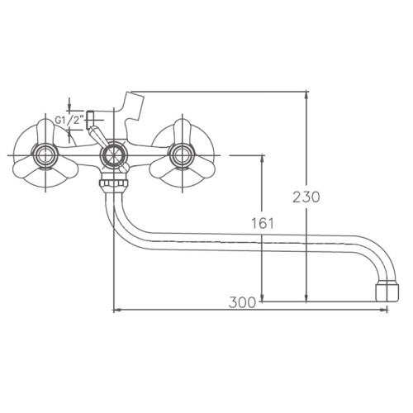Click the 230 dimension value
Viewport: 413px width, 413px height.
pyautogui.click(x=306, y=197)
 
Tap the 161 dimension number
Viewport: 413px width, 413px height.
pyautogui.click(x=263, y=223)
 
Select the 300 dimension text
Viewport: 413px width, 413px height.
pyautogui.click(x=242, y=302)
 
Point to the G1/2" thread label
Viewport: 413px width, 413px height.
pyautogui.click(x=69, y=121)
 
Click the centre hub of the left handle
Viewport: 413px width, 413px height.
pyautogui.click(x=45, y=155)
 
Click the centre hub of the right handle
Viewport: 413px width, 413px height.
pyautogui.click(x=183, y=155)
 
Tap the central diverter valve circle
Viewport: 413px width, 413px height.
pyautogui.click(x=113, y=155)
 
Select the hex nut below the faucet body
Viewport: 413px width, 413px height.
pyautogui.click(x=113, y=183)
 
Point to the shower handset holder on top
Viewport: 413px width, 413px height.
pyautogui.click(x=133, y=109)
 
